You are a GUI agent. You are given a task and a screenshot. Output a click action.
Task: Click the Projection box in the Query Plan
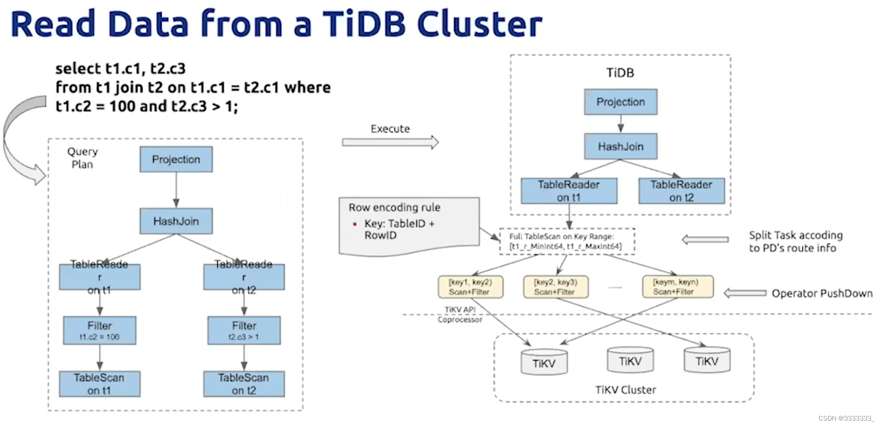point(176,159)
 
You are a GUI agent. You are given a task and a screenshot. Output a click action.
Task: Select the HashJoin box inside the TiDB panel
point(620,147)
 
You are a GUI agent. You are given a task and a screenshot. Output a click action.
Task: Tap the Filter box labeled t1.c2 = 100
point(99,331)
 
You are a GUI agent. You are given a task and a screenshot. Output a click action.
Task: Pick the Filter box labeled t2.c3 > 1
point(244,331)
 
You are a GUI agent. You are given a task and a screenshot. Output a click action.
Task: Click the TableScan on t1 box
point(99,384)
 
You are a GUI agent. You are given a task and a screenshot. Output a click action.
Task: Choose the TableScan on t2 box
point(244,384)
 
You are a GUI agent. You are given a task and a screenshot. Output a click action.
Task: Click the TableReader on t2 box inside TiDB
point(681,191)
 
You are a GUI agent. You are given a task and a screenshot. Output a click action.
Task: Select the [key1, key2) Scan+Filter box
point(470,287)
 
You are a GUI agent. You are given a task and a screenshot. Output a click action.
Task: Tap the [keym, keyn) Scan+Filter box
point(677,287)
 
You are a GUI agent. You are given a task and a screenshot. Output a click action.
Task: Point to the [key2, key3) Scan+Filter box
point(555,287)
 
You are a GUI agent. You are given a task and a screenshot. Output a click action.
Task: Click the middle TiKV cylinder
point(630,361)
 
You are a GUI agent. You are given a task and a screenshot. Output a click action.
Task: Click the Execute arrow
point(390,142)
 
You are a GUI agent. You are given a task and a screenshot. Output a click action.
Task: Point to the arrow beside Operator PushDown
point(745,293)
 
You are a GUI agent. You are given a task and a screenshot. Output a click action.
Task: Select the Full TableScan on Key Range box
point(567,242)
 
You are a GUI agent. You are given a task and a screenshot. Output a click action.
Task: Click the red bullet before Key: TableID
point(355,224)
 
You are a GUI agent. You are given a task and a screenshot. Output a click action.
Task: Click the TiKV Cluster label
point(625,390)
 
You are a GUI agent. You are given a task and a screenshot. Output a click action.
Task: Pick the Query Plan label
point(82,158)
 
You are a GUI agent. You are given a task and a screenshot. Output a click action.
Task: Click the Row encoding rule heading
point(394,208)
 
